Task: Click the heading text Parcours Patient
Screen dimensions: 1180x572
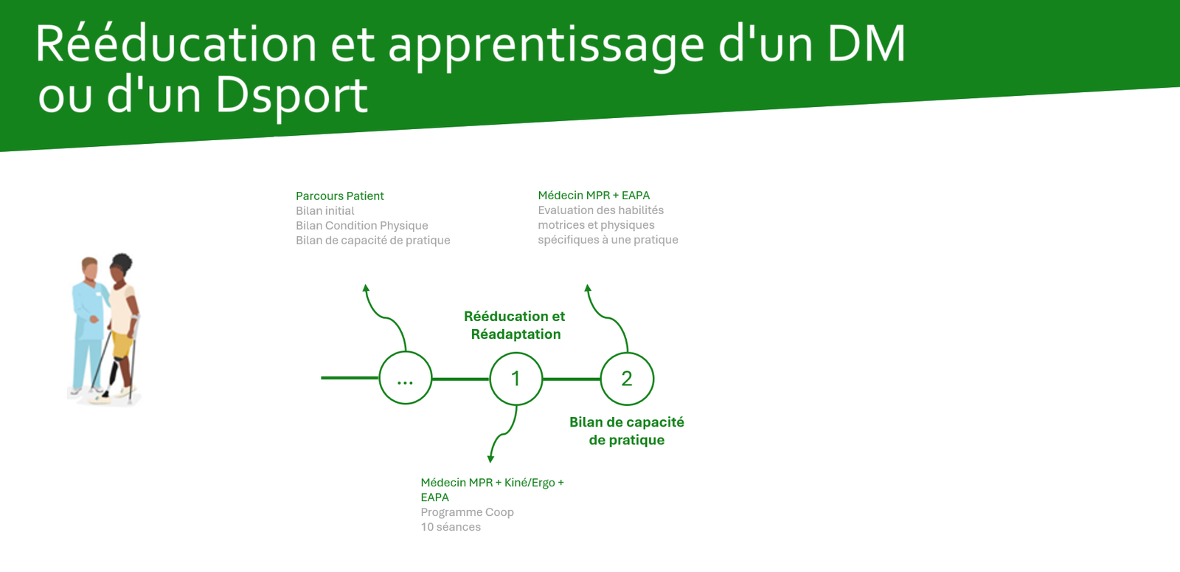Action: (x=340, y=196)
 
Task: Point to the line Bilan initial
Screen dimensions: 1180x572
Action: (x=325, y=211)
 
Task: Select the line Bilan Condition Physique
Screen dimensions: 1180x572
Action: (x=362, y=226)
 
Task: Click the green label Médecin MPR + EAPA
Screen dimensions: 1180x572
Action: (x=594, y=196)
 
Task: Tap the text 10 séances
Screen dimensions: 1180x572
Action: (x=451, y=527)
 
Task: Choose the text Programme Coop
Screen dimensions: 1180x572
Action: (x=467, y=512)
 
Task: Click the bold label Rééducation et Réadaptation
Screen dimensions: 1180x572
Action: (x=515, y=325)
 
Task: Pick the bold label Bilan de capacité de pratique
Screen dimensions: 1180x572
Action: (x=627, y=431)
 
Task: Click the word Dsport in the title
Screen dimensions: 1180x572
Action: (x=292, y=96)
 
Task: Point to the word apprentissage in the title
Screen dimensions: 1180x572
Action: (x=546, y=46)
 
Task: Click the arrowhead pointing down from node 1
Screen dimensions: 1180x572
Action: (x=490, y=458)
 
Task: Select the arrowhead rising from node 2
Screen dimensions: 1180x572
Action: (x=587, y=289)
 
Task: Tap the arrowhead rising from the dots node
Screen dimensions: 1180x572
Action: (x=366, y=289)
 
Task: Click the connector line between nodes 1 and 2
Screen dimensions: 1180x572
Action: (x=572, y=379)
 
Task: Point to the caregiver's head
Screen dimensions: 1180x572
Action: (x=89, y=269)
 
